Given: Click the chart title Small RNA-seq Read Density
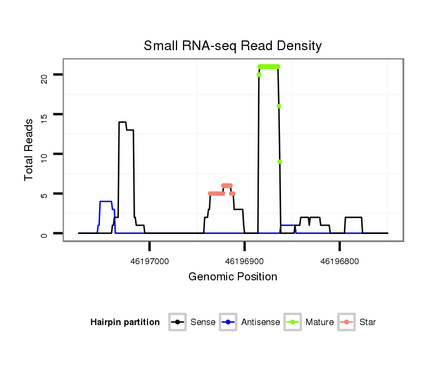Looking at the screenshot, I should click(x=233, y=46).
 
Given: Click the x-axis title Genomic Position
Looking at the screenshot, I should click(x=233, y=277).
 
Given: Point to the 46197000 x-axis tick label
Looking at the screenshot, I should click(x=150, y=261).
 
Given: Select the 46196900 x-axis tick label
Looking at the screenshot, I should click(x=245, y=261).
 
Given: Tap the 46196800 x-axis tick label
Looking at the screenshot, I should click(x=340, y=261).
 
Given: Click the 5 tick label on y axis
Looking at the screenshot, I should click(x=44, y=194).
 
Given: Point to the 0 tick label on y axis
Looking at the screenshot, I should click(x=44, y=233).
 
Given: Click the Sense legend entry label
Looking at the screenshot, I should click(x=203, y=322).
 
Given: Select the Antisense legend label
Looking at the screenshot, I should click(x=261, y=322).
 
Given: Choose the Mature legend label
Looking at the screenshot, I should click(x=320, y=322).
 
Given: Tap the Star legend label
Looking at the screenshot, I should click(x=368, y=322).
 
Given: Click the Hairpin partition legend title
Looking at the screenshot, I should click(x=125, y=322).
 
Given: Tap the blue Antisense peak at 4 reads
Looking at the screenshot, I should click(x=106, y=201).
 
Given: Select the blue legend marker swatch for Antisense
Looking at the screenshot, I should click(x=228, y=322).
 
